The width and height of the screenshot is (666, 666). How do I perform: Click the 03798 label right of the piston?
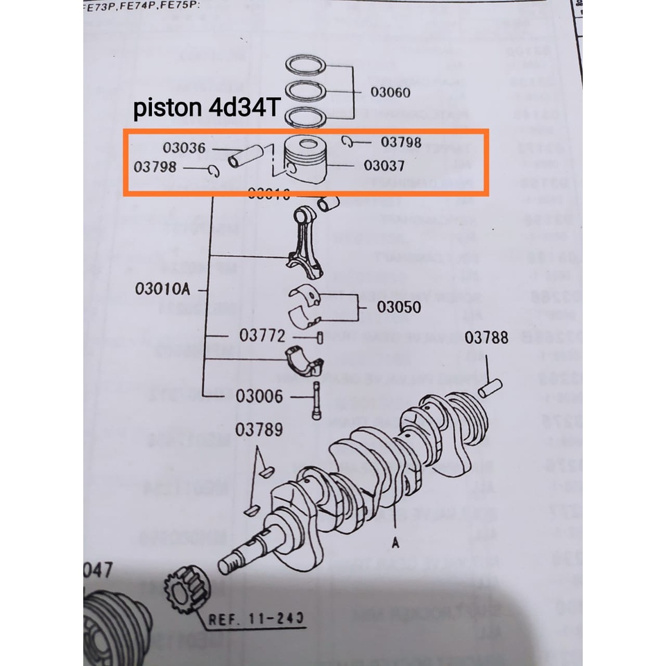coord(400,143)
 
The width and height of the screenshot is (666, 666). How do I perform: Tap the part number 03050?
coord(398,307)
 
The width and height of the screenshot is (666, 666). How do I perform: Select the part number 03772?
coord(262,336)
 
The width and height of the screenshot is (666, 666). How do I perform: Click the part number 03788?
coord(486,339)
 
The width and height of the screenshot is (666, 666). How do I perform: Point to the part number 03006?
coord(259,397)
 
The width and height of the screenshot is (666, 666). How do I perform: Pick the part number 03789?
coord(258,430)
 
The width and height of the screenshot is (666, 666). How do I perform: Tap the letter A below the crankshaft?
coord(395,545)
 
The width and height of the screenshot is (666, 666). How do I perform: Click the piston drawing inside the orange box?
coord(305,160)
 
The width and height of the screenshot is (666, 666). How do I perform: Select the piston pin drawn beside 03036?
coord(248,155)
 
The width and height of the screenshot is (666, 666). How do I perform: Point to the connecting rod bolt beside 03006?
coord(317,399)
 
